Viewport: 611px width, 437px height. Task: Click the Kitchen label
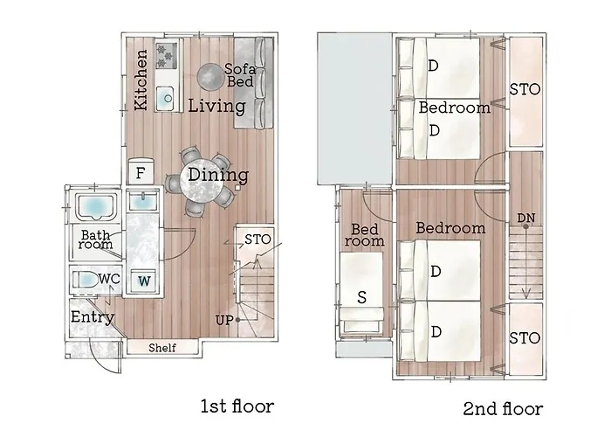[x=141, y=80]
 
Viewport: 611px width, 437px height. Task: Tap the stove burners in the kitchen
[x=167, y=56]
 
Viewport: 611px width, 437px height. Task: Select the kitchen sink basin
[x=166, y=98]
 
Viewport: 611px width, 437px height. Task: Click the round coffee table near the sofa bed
[x=210, y=77]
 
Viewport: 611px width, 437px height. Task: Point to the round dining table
[x=202, y=181]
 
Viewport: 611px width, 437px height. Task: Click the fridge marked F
[x=141, y=171]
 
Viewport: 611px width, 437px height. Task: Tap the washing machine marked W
[x=144, y=281]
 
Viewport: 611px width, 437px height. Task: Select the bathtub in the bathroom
[x=97, y=207]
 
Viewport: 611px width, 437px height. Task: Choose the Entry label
[x=93, y=317]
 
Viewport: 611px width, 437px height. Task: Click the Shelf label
[x=162, y=347]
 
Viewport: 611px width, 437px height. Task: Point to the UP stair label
[x=224, y=321]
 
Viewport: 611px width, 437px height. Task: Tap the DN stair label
[x=525, y=218]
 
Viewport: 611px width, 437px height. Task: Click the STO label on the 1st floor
[x=257, y=239]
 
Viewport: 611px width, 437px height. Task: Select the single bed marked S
[x=361, y=295]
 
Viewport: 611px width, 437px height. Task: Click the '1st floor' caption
[x=237, y=406]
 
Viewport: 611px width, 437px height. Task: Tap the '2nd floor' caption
[x=503, y=408]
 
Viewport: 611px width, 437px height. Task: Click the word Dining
[x=218, y=175]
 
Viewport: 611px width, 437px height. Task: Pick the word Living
[x=217, y=106]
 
